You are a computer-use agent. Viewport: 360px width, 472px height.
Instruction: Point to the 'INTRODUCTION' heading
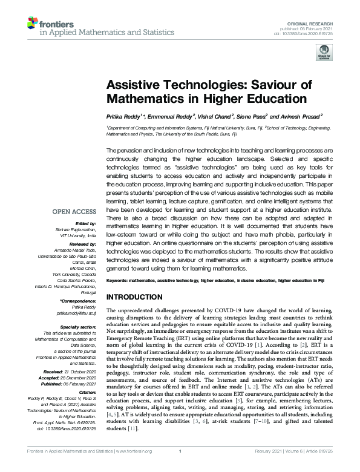tap(134, 297)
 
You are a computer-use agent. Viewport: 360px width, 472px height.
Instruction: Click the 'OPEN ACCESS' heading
tap(74, 212)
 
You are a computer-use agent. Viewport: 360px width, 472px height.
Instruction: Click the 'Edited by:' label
tap(85, 223)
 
